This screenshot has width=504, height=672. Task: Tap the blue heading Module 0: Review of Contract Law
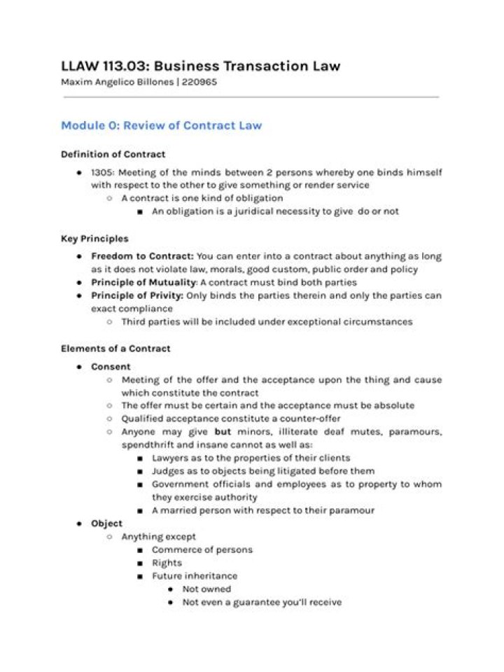161,125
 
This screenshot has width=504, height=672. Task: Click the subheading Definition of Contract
113,154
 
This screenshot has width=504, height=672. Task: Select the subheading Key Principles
94,239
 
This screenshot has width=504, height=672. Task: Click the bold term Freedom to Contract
142,256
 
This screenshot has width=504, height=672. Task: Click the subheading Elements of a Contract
115,348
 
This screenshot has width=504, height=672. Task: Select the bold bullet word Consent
111,366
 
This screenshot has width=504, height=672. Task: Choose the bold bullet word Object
106,523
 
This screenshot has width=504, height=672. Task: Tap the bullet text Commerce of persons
202,549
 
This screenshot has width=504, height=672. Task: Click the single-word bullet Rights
167,563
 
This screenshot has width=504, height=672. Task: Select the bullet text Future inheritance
195,576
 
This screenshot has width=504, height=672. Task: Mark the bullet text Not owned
206,589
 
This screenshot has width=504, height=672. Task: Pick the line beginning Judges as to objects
262,471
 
